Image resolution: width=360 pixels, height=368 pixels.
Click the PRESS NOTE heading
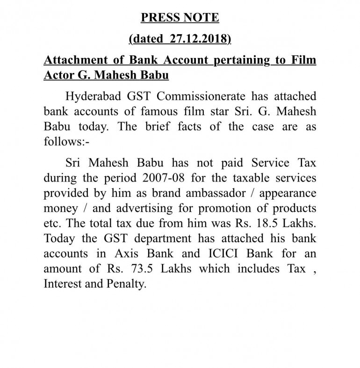[180, 18]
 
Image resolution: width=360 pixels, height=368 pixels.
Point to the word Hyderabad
[94, 97]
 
